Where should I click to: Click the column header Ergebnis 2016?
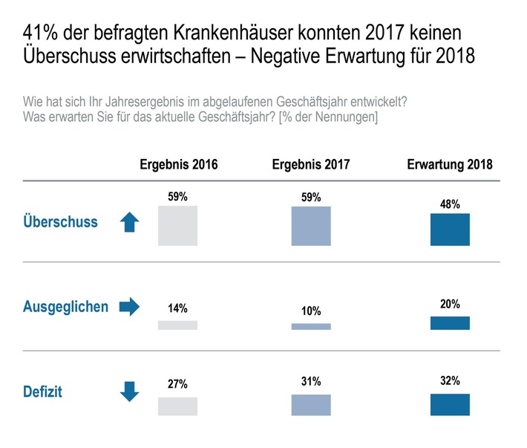(x=178, y=165)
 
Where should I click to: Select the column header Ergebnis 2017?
(x=310, y=165)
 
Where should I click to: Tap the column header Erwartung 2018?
(x=450, y=165)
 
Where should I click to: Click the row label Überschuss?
(x=59, y=222)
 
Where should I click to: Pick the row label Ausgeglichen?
(x=65, y=307)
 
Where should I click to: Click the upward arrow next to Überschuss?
(x=130, y=222)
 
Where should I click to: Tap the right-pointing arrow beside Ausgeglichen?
(x=130, y=307)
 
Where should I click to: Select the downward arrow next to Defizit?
(x=130, y=392)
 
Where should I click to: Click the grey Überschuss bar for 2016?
(x=178, y=226)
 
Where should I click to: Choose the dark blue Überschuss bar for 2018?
(x=450, y=230)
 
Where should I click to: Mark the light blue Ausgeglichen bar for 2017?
(x=311, y=326)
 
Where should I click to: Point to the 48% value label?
(x=450, y=203)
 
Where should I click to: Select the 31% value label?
(x=311, y=382)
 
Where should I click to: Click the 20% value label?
(x=450, y=305)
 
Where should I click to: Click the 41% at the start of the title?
(x=39, y=33)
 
